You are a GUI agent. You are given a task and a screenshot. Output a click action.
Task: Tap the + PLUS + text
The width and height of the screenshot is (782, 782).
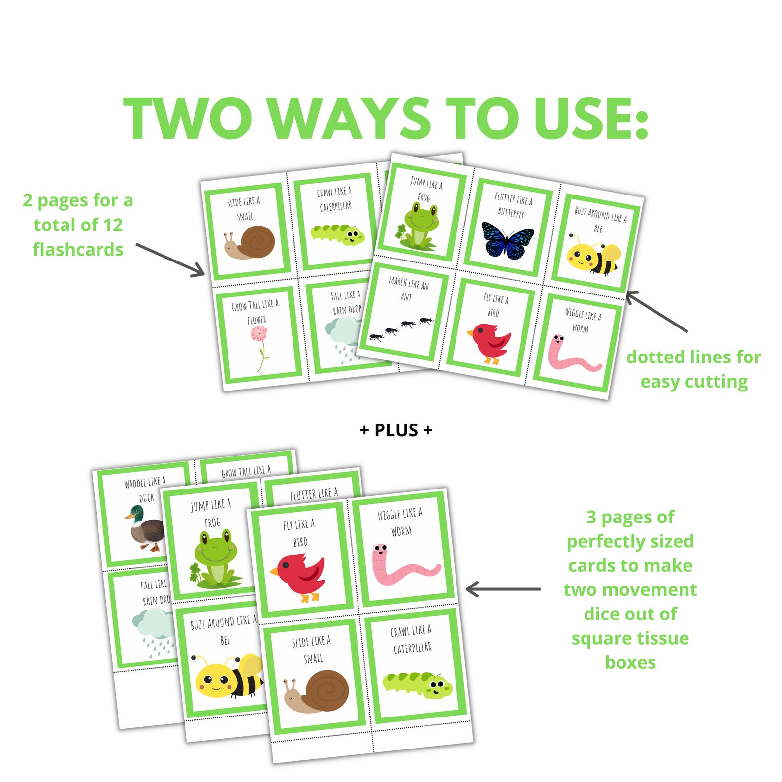click(x=396, y=430)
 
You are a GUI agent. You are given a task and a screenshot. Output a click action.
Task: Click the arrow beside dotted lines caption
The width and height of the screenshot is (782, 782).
click(x=656, y=311)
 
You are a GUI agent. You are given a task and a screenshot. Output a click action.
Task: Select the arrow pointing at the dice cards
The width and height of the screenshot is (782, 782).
click(x=502, y=589)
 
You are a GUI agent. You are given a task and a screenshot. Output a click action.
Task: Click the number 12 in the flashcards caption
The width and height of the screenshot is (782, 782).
click(x=113, y=225)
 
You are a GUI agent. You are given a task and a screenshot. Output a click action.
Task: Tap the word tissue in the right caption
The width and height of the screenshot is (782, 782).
click(x=661, y=638)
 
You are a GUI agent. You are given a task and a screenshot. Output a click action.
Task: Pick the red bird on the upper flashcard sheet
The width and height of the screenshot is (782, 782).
click(x=489, y=342)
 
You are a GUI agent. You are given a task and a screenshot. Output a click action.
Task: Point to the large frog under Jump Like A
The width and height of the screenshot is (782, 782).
click(x=215, y=559)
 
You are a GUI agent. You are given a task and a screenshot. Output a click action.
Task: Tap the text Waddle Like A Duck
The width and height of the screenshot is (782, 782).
click(x=146, y=489)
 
